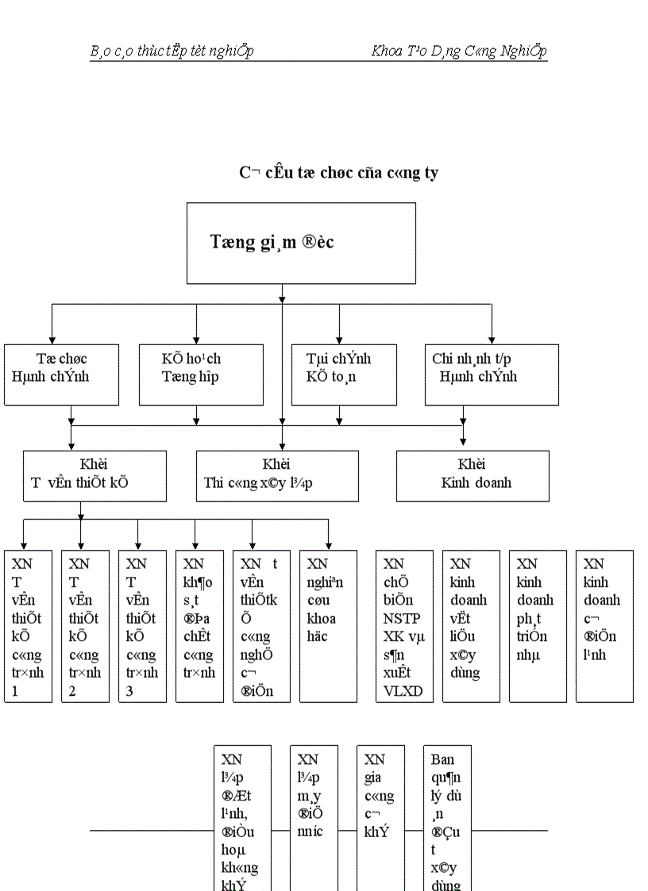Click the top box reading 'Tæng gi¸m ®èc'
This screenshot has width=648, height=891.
pyautogui.click(x=301, y=243)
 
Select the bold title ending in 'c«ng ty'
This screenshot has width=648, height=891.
pyautogui.click(x=339, y=172)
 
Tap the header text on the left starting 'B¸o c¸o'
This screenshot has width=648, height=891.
pyautogui.click(x=172, y=52)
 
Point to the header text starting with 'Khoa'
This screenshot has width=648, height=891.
pyautogui.click(x=459, y=52)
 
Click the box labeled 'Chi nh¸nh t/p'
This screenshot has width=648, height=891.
pyautogui.click(x=491, y=374)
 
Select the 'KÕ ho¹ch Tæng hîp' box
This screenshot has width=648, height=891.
pyautogui.click(x=196, y=374)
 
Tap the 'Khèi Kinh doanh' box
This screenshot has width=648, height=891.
pyautogui.click(x=472, y=476)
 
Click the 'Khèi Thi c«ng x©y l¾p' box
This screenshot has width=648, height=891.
pyautogui.click(x=277, y=476)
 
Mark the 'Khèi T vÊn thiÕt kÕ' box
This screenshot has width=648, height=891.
pyautogui.click(x=94, y=476)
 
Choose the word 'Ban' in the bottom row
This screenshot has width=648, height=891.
pyautogui.click(x=442, y=759)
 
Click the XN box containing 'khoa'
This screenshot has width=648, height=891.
pyautogui.click(x=328, y=627)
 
